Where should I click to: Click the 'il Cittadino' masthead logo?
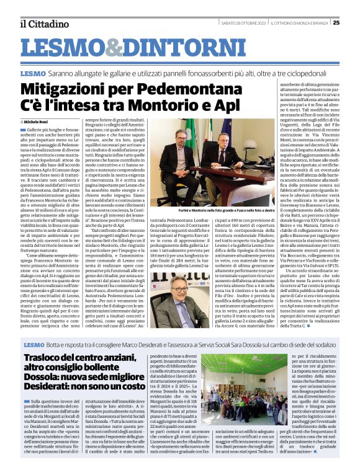click(43, 24)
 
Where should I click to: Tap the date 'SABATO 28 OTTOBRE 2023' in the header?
click(241, 23)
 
